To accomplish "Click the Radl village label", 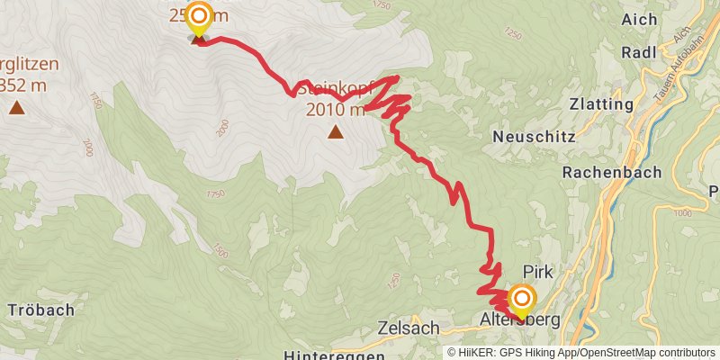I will (x=639, y=53).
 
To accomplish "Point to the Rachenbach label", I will (x=612, y=171).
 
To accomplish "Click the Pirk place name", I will (x=537, y=271).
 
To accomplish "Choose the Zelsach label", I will (x=409, y=328).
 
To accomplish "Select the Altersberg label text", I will (x=520, y=319).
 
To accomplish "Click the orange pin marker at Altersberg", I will (x=521, y=298).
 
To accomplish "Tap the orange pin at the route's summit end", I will (x=198, y=16).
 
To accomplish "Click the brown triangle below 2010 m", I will (x=336, y=132).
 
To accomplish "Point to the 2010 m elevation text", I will (x=335, y=110).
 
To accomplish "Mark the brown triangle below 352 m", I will (x=16, y=109).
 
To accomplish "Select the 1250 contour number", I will (x=513, y=33).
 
